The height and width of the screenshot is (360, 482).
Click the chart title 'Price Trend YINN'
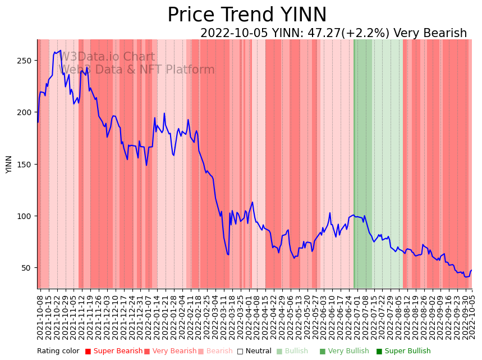[x=247, y=15]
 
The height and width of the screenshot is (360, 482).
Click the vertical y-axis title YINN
[x=9, y=165]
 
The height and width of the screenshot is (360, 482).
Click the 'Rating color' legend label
[x=58, y=352]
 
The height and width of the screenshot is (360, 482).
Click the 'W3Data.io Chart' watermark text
[x=107, y=57]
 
